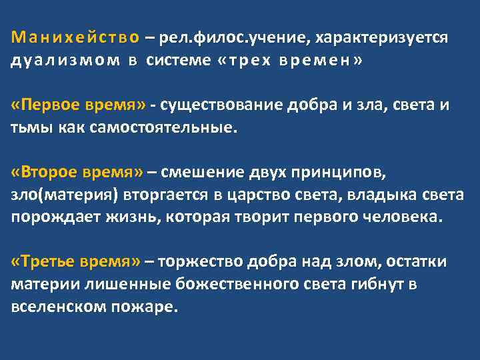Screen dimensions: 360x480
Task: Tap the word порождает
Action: (x=47, y=217)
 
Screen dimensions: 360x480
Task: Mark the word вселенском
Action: (x=49, y=307)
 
